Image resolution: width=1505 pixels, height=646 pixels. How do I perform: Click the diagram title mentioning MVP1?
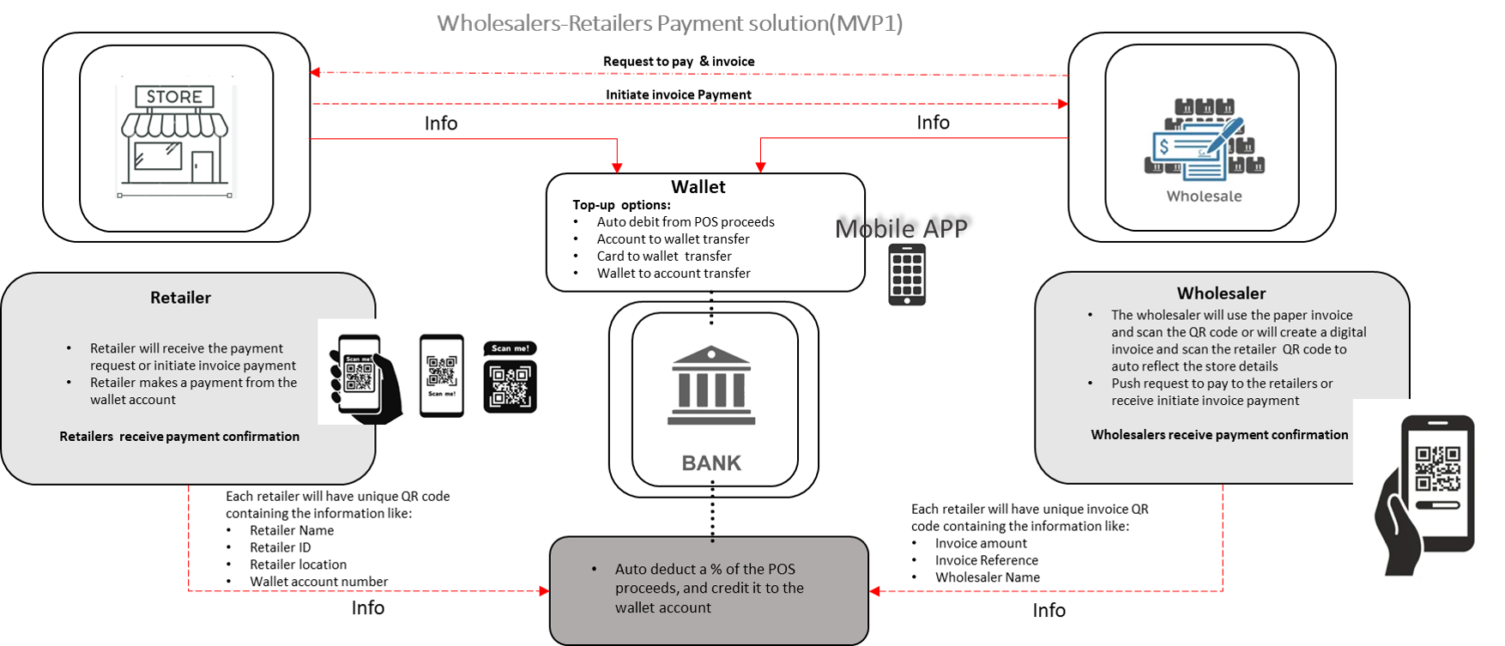(x=669, y=23)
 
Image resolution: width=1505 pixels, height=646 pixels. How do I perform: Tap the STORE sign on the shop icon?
(x=174, y=96)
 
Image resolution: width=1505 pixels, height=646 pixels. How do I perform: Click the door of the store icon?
(x=202, y=167)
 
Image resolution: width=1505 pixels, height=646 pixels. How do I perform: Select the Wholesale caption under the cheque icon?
(x=1204, y=196)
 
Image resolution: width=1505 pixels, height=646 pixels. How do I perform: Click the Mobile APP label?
(x=901, y=229)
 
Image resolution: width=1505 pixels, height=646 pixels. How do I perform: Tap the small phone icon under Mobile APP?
(x=906, y=275)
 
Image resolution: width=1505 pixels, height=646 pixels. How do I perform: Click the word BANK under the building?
(x=710, y=463)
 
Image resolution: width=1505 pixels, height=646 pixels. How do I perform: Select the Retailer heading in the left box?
(x=180, y=298)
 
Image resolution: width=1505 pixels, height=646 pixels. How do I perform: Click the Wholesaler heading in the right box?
(x=1221, y=293)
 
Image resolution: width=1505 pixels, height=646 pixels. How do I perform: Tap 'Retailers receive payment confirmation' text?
(x=179, y=437)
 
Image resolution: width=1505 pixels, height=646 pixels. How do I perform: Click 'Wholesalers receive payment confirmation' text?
(x=1219, y=435)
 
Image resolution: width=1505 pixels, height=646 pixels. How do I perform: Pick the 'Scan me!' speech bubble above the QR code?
(x=511, y=348)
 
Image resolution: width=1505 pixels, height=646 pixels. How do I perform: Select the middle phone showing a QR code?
(x=442, y=375)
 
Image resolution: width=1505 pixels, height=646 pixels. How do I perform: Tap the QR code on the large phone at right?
(x=1437, y=468)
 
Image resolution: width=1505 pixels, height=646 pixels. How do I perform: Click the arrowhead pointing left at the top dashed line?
(x=315, y=72)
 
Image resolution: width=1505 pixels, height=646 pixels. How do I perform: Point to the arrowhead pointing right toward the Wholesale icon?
(x=1063, y=104)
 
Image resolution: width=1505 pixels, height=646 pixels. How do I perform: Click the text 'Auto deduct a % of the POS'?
(x=704, y=570)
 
